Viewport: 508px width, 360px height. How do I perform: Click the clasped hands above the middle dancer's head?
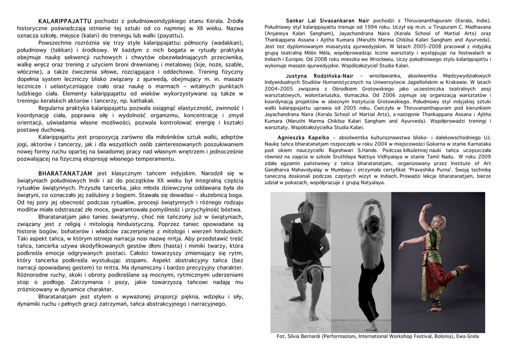(x=371, y=202)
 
